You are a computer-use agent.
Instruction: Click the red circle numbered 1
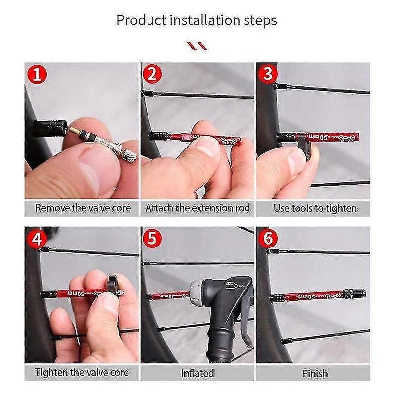pos(37,76)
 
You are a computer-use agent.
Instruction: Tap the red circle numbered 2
pos(152,75)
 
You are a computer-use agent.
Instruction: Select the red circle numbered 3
pos(268,75)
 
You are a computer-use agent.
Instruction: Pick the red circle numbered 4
pos(37,239)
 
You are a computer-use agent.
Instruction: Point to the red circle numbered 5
pos(152,239)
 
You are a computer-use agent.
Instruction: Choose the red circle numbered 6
pos(268,239)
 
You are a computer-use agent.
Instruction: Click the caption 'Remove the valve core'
pos(83,208)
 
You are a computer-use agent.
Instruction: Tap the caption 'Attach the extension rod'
pos(198,208)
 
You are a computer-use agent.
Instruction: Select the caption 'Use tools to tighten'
pos(315,208)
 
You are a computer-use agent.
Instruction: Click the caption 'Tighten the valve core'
pos(82,372)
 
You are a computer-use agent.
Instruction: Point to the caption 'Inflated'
pos(198,373)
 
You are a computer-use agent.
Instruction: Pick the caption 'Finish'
pos(315,373)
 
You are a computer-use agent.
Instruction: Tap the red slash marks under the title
pos(198,47)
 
